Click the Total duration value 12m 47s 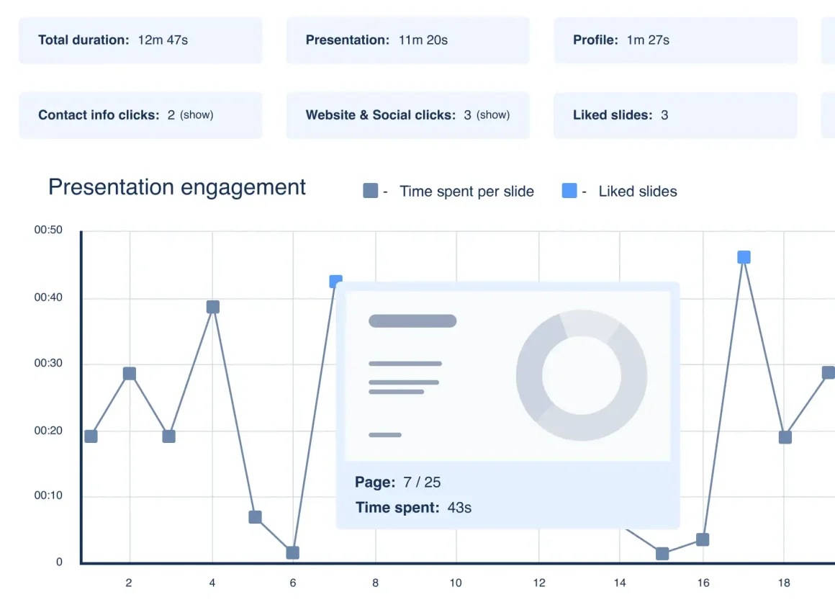pos(163,40)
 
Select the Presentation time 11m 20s pos(423,40)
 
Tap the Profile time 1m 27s pos(648,40)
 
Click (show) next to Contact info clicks pos(197,115)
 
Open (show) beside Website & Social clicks pos(493,115)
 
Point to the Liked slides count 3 pos(664,115)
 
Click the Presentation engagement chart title pos(177,187)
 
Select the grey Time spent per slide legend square pos(371,191)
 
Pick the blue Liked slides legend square pos(569,191)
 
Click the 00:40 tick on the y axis pos(48,297)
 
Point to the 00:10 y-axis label pos(48,495)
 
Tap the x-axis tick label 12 pos(539,583)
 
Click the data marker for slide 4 pos(213,307)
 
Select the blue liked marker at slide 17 pos(744,257)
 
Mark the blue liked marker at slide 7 pos(335,282)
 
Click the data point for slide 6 pos(292,552)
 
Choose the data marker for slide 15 pos(662,553)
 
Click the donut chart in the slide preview pos(581,375)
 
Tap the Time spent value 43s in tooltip pos(459,508)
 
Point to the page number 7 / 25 pos(422,482)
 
